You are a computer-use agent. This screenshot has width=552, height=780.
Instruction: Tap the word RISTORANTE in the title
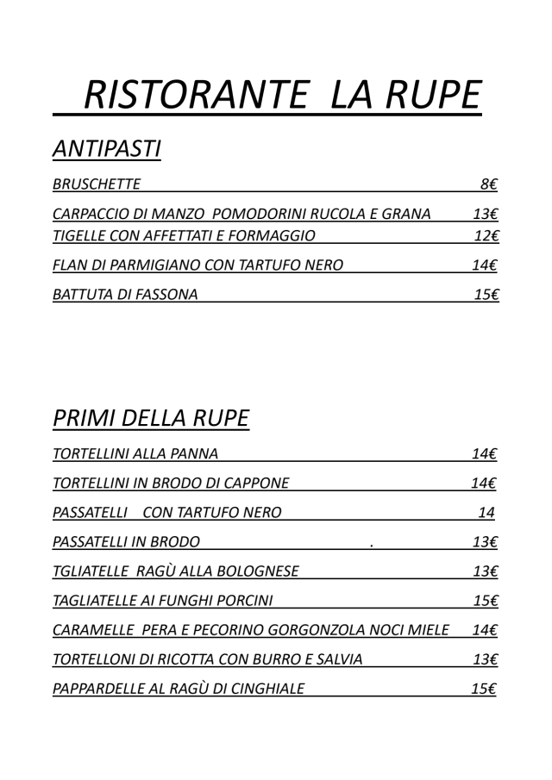[x=198, y=97]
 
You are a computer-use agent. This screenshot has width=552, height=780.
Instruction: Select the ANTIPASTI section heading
[x=107, y=149]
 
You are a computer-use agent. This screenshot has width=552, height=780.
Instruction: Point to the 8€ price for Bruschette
[x=490, y=184]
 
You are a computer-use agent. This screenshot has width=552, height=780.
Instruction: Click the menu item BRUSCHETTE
[x=96, y=184]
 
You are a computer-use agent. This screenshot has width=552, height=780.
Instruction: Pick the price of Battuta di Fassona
[x=487, y=295]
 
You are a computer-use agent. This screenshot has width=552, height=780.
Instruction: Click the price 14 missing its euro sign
[x=486, y=513]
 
